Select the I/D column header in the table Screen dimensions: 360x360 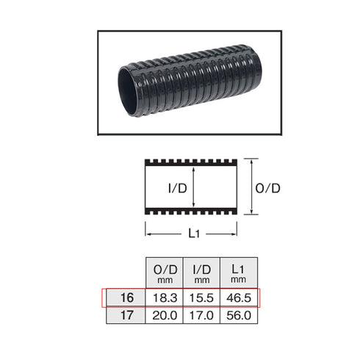tap(201, 274)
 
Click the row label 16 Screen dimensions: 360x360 tap(126, 299)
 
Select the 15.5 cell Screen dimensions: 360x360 tap(201, 299)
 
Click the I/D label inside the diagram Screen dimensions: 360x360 tap(176, 187)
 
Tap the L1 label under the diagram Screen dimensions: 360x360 tap(192, 234)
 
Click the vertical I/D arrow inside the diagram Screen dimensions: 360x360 tap(194, 187)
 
